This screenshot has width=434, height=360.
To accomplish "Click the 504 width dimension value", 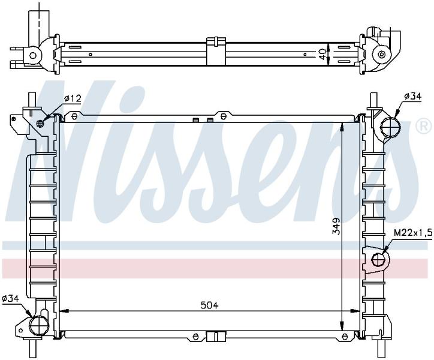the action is pos(210,305).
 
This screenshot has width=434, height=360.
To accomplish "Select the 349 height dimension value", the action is pos(336,226).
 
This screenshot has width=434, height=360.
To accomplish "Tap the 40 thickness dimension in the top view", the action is pos(322,54).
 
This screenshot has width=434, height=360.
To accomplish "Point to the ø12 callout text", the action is pos(73,98).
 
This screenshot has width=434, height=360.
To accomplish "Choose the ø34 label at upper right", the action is pos(412,96).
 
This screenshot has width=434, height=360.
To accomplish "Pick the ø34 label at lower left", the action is pos(10,298).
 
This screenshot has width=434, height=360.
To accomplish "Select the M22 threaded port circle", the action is pos(378,260).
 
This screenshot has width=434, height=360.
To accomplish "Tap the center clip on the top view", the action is pos(216,51).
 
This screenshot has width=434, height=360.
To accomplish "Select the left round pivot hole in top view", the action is pos(33,55).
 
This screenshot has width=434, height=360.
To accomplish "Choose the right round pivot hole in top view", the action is pos(382,55).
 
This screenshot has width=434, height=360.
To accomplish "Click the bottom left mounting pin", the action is pos(32,349).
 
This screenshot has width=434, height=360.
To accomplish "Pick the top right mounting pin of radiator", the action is pos(374,100).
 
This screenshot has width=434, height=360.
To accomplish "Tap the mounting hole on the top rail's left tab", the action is pos(74,116).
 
